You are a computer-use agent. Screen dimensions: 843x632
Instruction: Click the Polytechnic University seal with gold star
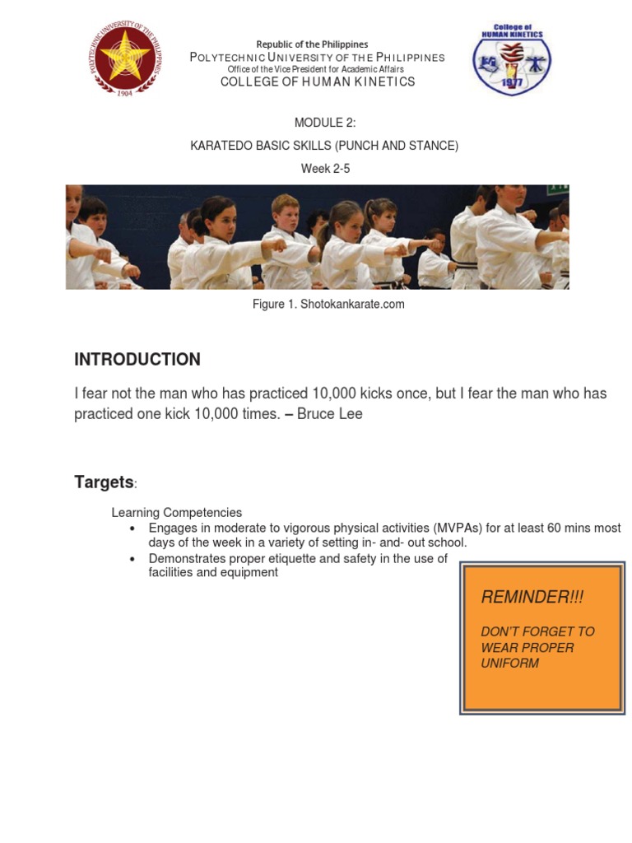point(126,59)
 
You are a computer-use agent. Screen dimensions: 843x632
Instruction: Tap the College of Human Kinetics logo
point(511,58)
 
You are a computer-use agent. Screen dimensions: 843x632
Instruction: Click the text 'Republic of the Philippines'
point(312,44)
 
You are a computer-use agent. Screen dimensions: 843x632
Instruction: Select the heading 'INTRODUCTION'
point(137,360)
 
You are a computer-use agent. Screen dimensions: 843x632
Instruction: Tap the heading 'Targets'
point(104,482)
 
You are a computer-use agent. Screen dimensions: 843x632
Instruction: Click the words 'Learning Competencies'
point(177,513)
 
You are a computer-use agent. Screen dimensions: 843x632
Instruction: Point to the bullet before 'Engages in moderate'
point(132,529)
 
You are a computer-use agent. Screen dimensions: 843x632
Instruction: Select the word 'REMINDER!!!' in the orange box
point(520,597)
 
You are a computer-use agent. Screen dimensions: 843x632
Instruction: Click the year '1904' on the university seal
point(126,93)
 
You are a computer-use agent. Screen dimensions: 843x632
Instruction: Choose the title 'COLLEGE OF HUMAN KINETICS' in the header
point(317,82)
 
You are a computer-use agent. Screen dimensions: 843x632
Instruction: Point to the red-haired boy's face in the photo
point(285,212)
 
